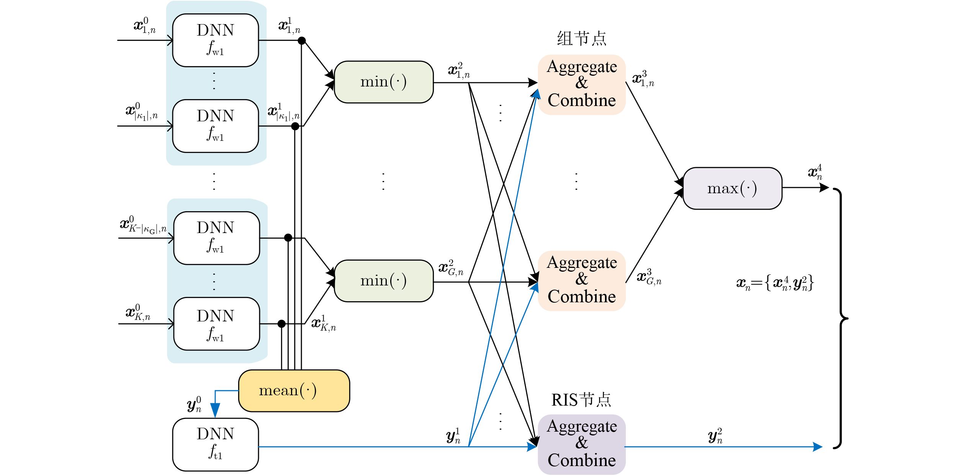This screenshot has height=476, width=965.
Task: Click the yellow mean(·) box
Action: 294,391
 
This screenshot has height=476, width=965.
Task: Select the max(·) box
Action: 732,188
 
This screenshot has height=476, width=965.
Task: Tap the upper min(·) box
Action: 384,82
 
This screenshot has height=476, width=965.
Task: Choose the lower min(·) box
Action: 384,281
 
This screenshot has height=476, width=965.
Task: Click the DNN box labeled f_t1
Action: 216,445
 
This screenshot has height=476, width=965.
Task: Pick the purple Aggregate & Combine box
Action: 582,444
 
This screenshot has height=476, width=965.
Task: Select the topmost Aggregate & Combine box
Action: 582,85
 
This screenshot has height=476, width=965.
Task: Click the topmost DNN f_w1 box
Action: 216,40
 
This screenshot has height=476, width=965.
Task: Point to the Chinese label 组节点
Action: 582,38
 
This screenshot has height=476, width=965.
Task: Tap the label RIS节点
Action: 581,400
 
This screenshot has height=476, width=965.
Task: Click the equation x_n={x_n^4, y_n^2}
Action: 775,283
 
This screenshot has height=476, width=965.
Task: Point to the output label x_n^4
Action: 815,172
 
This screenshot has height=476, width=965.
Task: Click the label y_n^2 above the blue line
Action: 715,436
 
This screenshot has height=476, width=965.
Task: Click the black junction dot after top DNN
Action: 302,41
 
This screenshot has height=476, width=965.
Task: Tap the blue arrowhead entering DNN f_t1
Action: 215,410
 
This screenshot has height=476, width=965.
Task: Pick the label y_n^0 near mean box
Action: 194,404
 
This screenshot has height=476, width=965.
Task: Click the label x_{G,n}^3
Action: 649,277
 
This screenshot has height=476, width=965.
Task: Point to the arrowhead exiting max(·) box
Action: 824,187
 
